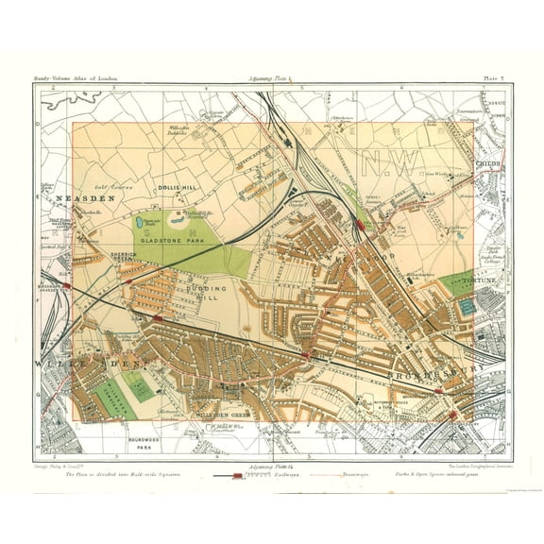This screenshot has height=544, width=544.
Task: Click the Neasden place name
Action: tap(85, 199)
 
